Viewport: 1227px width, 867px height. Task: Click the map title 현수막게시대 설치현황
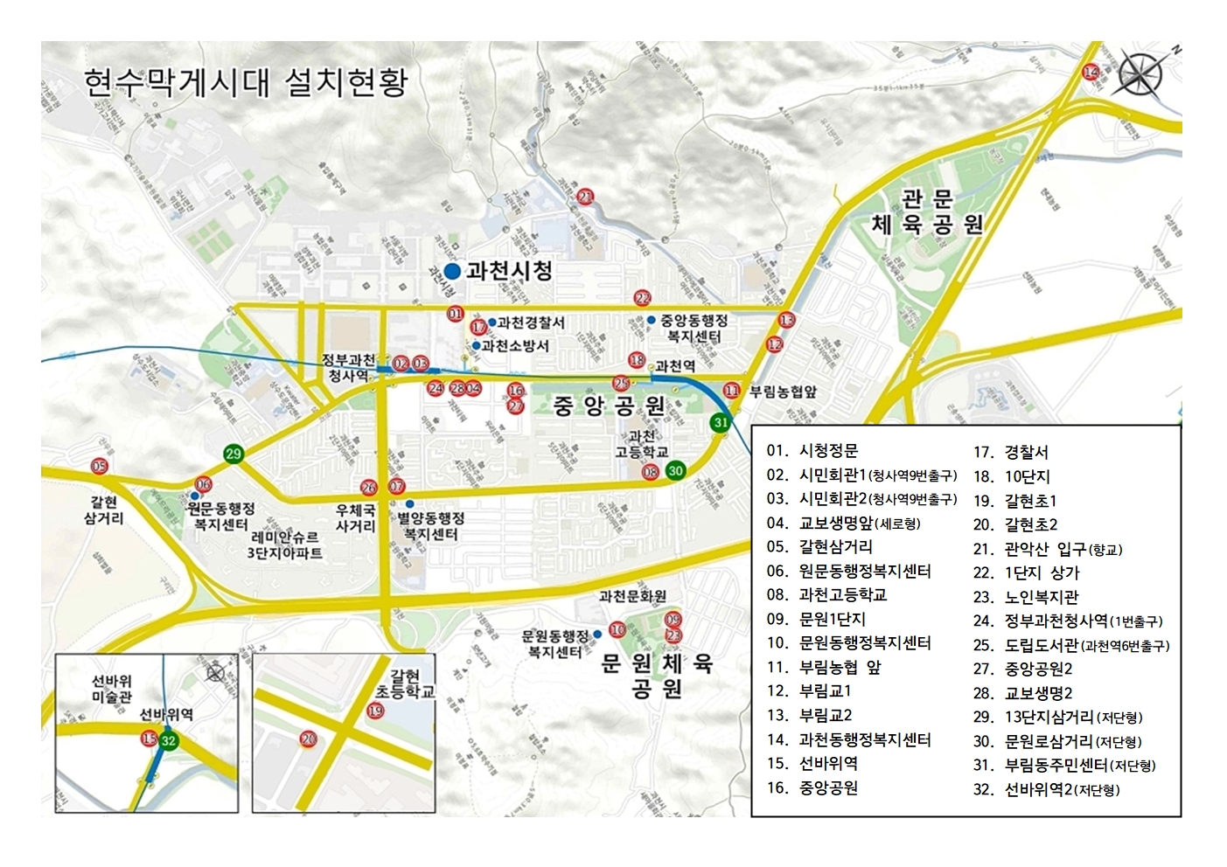click(x=246, y=83)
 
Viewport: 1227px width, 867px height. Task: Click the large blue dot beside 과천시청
click(x=452, y=272)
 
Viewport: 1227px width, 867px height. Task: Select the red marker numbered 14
click(x=1091, y=72)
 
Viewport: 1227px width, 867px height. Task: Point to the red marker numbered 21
click(x=585, y=198)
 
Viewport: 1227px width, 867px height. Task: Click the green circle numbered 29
click(x=233, y=454)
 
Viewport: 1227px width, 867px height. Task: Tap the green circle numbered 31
click(x=720, y=422)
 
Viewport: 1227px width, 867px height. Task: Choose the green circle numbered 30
click(x=675, y=470)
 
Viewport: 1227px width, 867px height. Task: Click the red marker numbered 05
click(x=99, y=467)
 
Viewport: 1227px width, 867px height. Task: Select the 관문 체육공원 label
click(x=927, y=212)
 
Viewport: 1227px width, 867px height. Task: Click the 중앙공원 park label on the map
click(x=610, y=406)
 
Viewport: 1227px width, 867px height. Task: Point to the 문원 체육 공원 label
click(x=658, y=676)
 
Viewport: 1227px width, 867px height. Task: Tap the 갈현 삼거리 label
click(x=104, y=510)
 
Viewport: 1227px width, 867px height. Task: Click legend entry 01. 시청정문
click(x=812, y=451)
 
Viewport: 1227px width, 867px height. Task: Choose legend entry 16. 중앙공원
click(x=812, y=787)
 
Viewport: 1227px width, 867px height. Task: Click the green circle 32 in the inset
click(x=169, y=740)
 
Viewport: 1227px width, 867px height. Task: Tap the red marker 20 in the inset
click(x=308, y=739)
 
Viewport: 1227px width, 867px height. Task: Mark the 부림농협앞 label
click(x=783, y=392)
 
